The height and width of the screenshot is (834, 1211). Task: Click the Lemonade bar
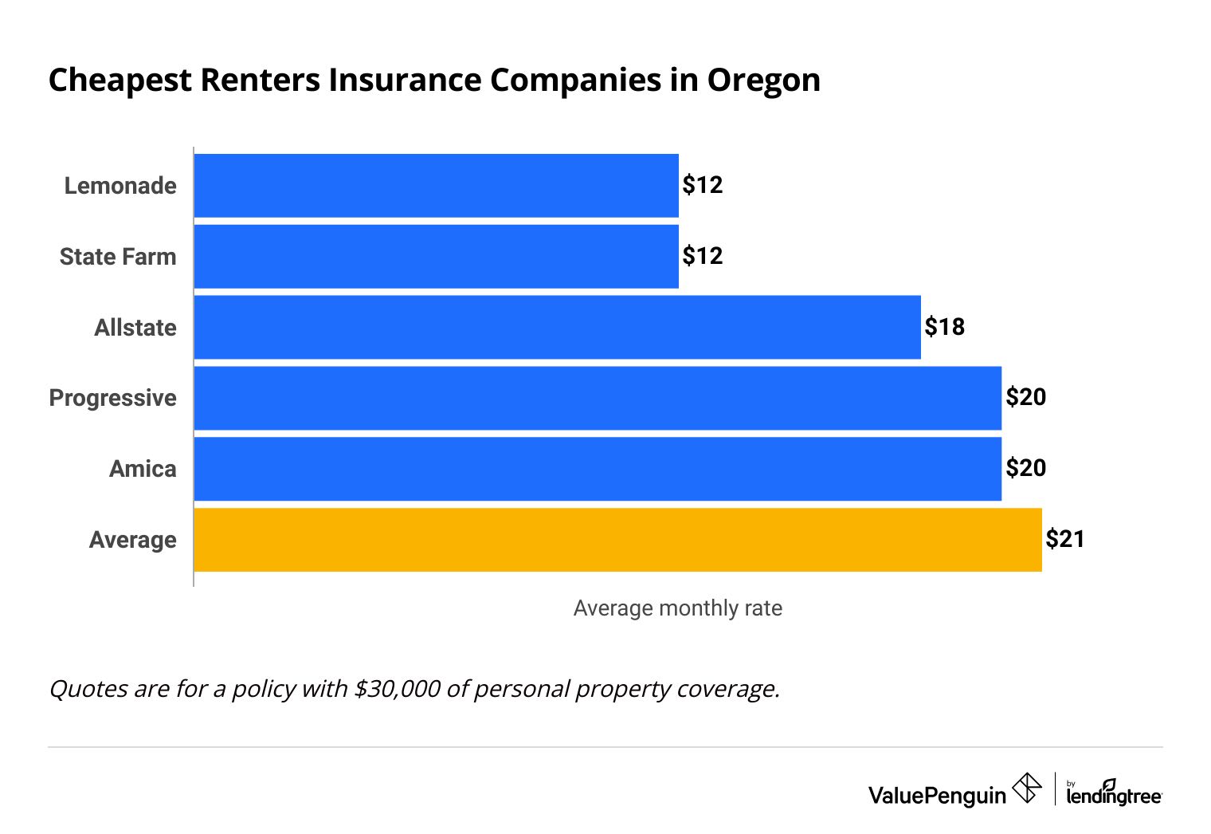pyautogui.click(x=436, y=185)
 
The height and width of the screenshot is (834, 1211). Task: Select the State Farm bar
pyautogui.click(x=436, y=256)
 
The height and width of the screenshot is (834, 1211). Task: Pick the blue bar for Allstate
pyautogui.click(x=557, y=327)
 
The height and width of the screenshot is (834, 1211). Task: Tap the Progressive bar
pyautogui.click(x=598, y=398)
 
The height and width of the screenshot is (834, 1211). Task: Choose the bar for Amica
pyautogui.click(x=598, y=469)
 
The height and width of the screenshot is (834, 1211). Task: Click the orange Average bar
pyautogui.click(x=617, y=540)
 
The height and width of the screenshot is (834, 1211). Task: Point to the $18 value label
pyautogui.click(x=944, y=327)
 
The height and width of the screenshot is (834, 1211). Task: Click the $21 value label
pyautogui.click(x=1065, y=540)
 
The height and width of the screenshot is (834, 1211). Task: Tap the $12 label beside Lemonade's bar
pyautogui.click(x=703, y=185)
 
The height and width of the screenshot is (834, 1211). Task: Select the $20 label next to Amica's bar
pyautogui.click(x=1025, y=468)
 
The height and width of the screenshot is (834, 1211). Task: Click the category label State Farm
pyautogui.click(x=118, y=257)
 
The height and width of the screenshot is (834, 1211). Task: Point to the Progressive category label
pyautogui.click(x=112, y=398)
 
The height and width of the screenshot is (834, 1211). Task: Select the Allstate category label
pyautogui.click(x=135, y=328)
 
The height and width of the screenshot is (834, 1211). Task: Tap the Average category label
pyautogui.click(x=132, y=540)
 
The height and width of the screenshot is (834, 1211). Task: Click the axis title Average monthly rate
pyautogui.click(x=677, y=608)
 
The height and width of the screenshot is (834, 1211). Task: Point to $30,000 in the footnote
pyautogui.click(x=397, y=688)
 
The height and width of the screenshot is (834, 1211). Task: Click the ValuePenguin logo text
pyautogui.click(x=937, y=795)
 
